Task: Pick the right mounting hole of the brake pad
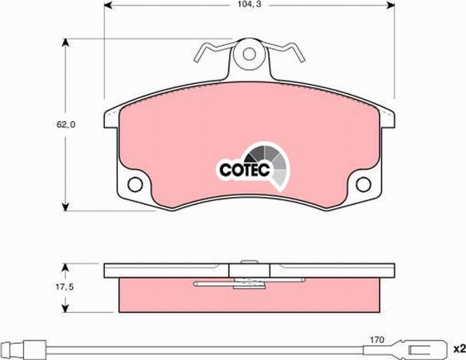point(362,185)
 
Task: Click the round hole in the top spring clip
point(249,56)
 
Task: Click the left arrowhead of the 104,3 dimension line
point(108,9)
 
